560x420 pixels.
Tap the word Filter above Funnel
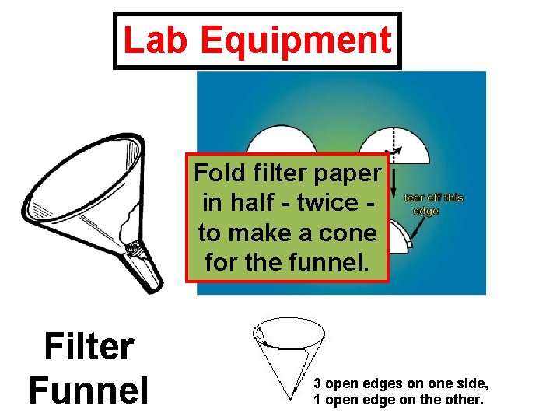point(89,347)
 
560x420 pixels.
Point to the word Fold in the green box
point(218,172)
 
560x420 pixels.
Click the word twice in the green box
point(324,202)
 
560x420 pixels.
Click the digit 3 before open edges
point(317,383)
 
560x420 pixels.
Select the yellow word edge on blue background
point(426,211)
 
